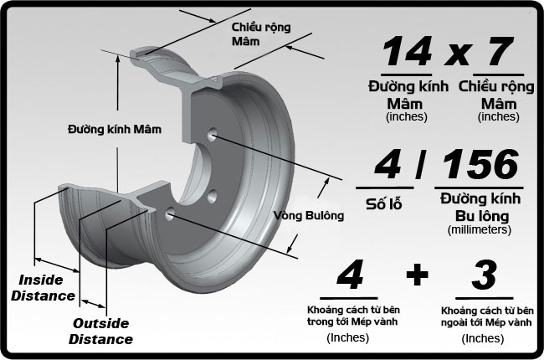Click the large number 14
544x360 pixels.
click(x=408, y=52)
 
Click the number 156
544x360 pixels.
click(x=482, y=166)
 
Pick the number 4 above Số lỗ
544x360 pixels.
click(x=387, y=166)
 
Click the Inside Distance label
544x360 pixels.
click(x=47, y=286)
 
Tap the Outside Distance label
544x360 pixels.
click(x=100, y=331)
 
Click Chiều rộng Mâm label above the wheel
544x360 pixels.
click(x=261, y=33)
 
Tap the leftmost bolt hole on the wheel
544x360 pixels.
click(x=172, y=214)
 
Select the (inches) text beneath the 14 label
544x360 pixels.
click(x=406, y=116)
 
